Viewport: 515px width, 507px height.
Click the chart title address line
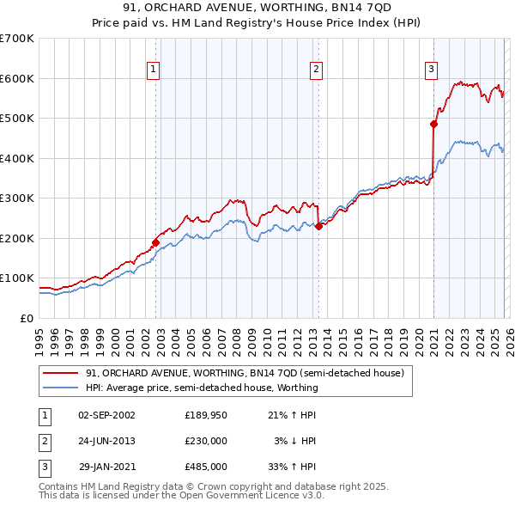point(257,9)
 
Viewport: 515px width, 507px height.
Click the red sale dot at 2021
point(433,124)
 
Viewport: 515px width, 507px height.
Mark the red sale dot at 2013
point(318,226)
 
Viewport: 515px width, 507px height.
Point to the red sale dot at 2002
point(155,242)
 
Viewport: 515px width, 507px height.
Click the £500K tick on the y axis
point(17,119)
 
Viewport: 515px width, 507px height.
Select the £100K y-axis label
point(17,278)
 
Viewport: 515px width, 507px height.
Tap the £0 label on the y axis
point(26,318)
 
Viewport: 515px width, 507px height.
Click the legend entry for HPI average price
point(201,388)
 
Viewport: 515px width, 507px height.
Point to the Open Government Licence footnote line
point(181,496)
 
